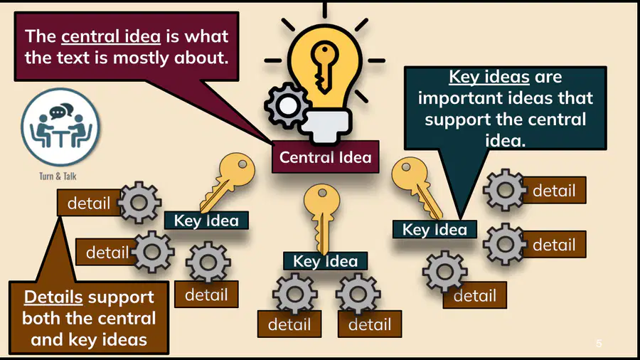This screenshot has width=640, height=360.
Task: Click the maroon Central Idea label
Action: [x=325, y=157]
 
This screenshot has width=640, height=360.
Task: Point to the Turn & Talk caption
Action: [x=58, y=176]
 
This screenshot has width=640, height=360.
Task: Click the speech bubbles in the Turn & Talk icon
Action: [x=61, y=110]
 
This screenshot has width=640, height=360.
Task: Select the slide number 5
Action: [x=599, y=343]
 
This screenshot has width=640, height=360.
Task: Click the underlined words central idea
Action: [x=111, y=36]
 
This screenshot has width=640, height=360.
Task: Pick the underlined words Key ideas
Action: [x=489, y=77]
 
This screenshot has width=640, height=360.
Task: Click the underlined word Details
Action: [x=53, y=297]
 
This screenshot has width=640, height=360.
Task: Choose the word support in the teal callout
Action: [x=457, y=120]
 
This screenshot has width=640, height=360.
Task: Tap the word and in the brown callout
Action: [x=47, y=339]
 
